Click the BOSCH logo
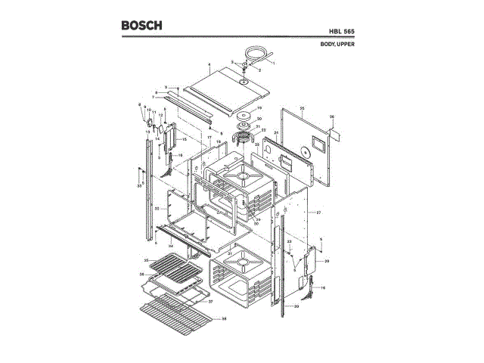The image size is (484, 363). tap(142, 25)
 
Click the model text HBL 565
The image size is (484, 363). tap(342, 31)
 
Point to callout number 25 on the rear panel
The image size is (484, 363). tap(302, 109)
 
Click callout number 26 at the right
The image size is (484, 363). tap(332, 116)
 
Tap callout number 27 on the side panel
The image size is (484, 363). tap(319, 213)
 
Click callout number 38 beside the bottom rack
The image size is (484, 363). tap(224, 319)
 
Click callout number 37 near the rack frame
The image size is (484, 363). tap(210, 301)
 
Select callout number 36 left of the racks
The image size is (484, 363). tap(141, 274)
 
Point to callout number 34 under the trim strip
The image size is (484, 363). tap(172, 246)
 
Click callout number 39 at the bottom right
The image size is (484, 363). tap(296, 306)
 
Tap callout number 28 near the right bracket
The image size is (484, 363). tap(327, 261)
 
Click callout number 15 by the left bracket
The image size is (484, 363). tap(185, 140)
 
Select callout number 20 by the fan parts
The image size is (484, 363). tap(259, 119)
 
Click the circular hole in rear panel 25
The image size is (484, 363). tap(312, 141)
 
